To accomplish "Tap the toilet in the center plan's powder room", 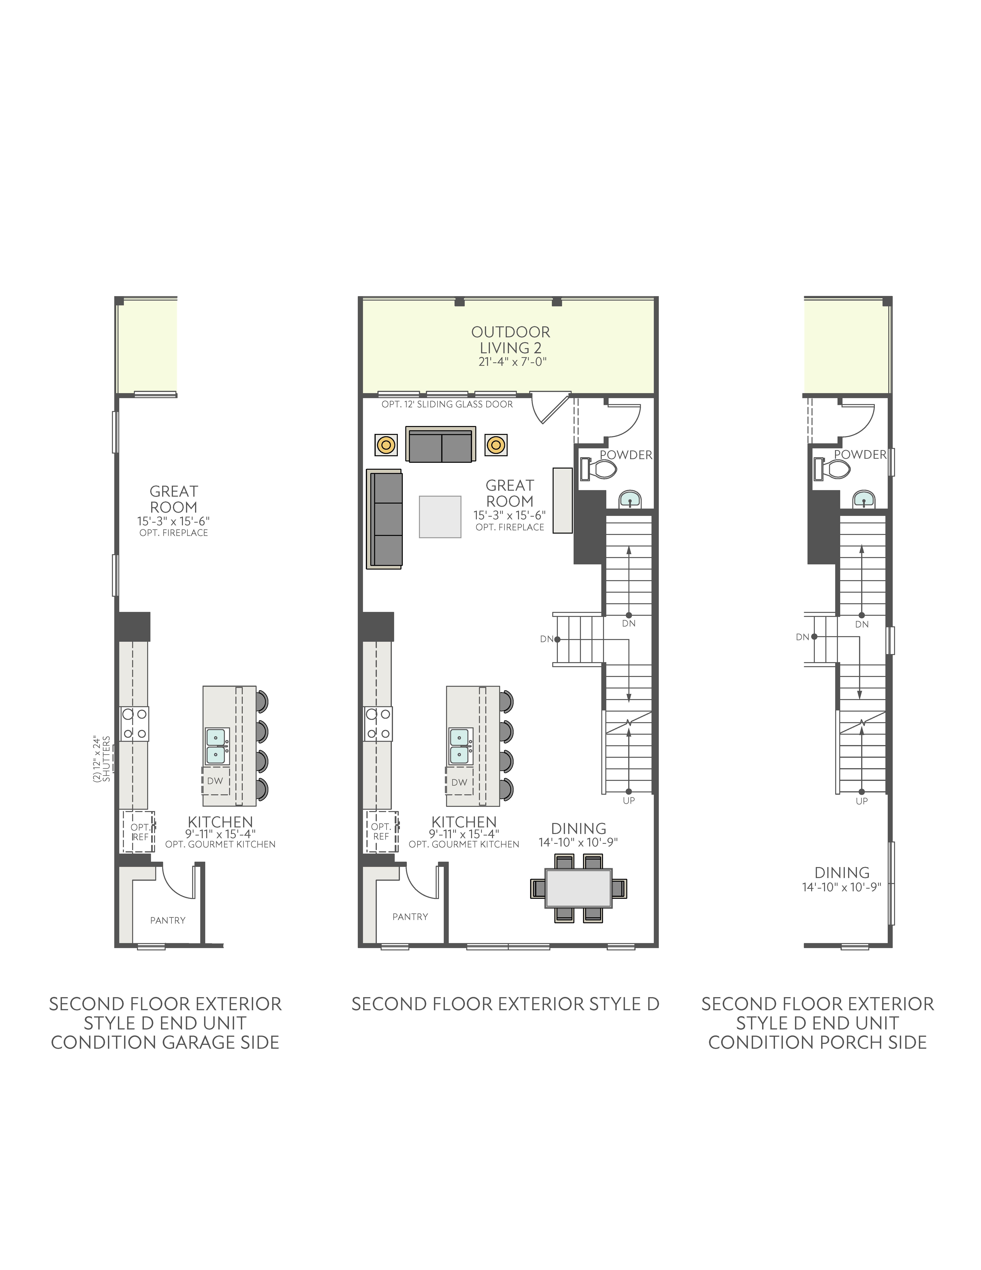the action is (598, 469).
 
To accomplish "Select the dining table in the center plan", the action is (578, 888).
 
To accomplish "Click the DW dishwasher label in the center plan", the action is (459, 782).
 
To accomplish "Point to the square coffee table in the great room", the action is (440, 516).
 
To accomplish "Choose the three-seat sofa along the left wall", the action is (384, 519).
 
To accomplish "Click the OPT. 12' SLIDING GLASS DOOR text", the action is (447, 404).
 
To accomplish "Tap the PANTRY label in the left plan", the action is (168, 920).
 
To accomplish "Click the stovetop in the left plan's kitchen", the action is (134, 723).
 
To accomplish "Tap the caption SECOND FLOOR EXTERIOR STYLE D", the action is (505, 1004).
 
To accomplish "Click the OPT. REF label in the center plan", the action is (381, 831).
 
